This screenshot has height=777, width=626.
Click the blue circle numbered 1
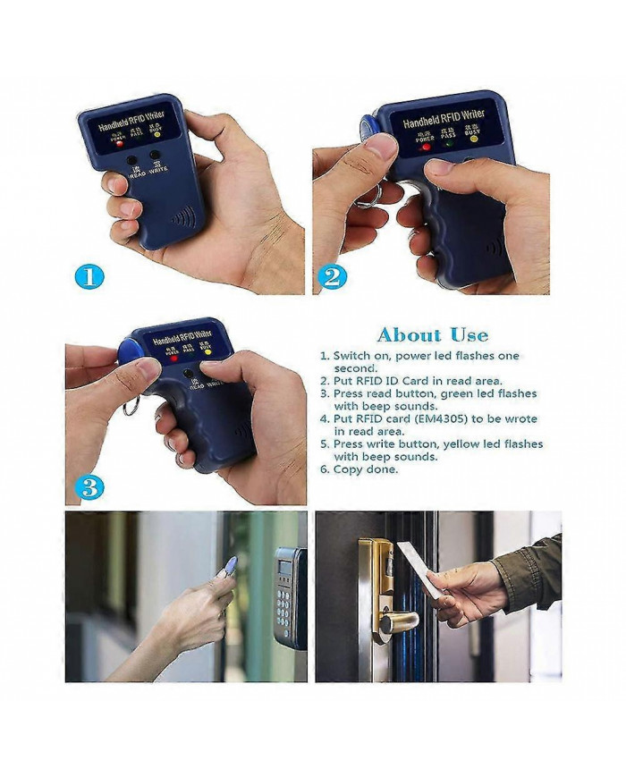tap(89, 276)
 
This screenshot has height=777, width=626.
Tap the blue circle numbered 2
tap(332, 276)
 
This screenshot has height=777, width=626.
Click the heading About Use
tap(433, 335)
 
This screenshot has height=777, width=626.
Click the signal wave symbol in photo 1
tap(184, 217)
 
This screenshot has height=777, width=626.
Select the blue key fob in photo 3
tap(128, 348)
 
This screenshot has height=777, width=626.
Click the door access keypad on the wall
tap(288, 595)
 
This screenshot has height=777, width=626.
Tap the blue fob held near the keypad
tap(228, 565)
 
